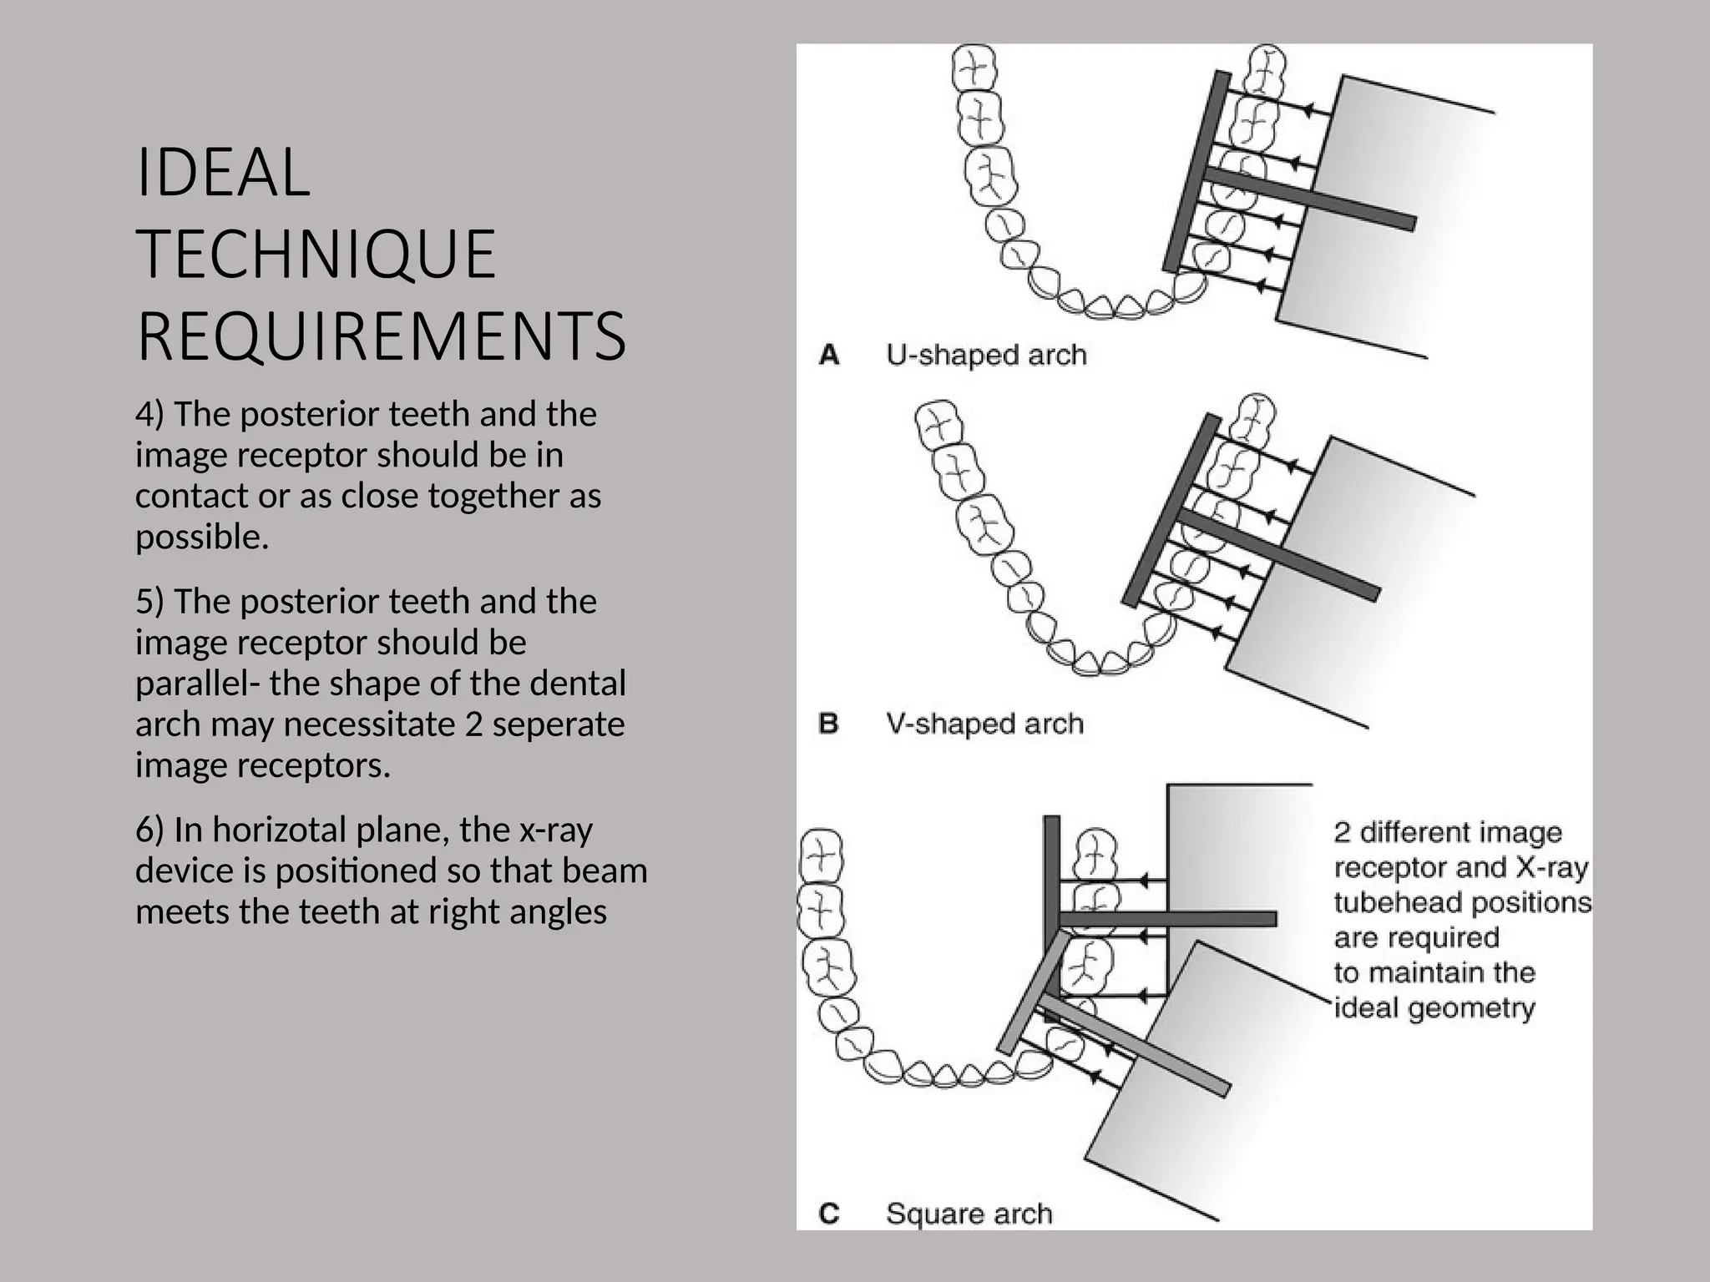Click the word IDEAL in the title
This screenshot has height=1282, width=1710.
(x=222, y=173)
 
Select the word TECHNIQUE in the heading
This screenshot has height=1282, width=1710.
(x=316, y=255)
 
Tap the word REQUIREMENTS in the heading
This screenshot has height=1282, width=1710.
(x=381, y=336)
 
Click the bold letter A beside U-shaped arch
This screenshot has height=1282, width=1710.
(x=829, y=356)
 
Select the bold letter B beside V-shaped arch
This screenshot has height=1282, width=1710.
(x=829, y=724)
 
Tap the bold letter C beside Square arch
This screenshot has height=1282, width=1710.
(x=829, y=1213)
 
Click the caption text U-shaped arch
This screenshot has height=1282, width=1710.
(x=986, y=356)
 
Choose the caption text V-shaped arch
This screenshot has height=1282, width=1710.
(x=984, y=724)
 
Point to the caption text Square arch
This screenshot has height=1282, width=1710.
(x=969, y=1213)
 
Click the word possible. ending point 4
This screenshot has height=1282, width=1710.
(x=202, y=537)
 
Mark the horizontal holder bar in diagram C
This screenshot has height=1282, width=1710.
(x=1169, y=919)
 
